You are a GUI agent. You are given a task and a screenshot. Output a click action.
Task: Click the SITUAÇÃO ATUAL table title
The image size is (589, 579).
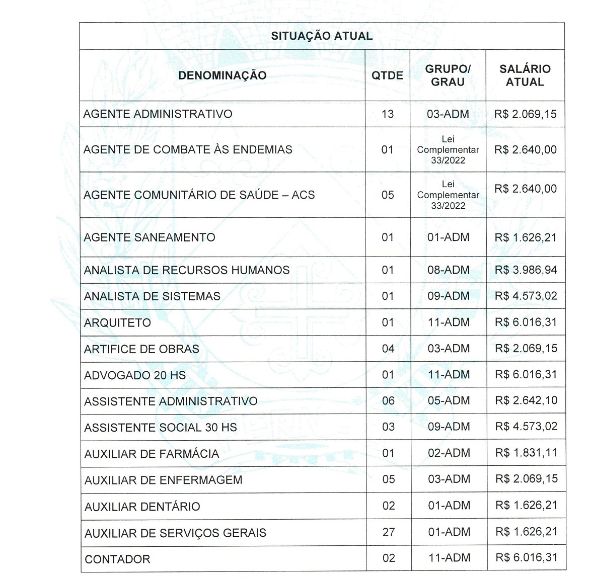322,36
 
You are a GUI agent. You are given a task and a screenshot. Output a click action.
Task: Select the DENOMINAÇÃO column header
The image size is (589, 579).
222,75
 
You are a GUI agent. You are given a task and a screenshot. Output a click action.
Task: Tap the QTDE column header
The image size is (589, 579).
387,75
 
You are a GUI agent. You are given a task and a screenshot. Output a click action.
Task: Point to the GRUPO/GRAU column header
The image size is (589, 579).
448,75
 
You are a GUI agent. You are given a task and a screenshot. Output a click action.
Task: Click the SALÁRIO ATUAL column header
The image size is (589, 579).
525,75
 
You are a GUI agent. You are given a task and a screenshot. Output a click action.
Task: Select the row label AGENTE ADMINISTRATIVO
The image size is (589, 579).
158,114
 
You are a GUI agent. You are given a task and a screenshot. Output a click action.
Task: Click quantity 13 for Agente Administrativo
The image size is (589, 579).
387,114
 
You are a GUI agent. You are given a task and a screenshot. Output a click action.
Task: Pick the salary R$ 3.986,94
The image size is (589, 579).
526,270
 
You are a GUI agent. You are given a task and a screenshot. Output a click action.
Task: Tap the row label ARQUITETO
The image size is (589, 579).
117,323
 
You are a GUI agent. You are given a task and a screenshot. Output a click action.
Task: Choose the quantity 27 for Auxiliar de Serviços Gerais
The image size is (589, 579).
388,532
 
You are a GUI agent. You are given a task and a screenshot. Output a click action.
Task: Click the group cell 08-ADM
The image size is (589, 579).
448,270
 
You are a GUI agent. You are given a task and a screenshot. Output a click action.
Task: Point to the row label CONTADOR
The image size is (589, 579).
117,559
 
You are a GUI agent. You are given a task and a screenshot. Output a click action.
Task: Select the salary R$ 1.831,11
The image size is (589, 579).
526,453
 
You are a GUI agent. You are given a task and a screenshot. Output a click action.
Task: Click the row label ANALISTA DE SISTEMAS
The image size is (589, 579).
152,296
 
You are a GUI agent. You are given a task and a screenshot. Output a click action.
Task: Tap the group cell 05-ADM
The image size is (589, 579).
449,401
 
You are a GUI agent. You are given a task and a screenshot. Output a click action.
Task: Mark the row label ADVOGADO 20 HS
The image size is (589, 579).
135,375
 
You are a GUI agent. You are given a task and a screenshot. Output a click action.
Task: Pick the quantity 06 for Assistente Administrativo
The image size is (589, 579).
388,401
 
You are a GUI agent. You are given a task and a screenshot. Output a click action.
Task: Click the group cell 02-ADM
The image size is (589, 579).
449,453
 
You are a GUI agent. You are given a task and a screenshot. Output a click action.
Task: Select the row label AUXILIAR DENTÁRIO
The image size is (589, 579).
142,507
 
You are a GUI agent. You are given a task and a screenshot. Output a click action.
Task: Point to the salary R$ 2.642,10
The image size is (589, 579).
526,401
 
